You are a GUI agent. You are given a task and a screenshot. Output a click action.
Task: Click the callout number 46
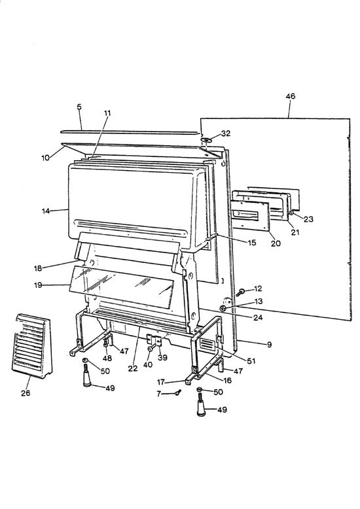tap(290, 96)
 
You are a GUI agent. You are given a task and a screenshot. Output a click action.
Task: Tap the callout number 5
tap(79, 106)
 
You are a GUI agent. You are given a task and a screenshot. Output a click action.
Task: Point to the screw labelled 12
tap(241, 291)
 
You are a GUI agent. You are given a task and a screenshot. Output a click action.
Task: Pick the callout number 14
tap(46, 211)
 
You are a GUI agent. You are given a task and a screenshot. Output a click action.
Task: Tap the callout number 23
tap(308, 219)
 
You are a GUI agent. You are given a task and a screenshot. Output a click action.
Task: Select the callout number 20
tap(275, 243)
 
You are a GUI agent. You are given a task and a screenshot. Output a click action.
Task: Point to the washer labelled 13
tap(224, 307)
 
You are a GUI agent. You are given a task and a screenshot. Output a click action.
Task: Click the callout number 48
tap(107, 359)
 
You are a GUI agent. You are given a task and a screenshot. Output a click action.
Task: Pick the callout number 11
tap(107, 113)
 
